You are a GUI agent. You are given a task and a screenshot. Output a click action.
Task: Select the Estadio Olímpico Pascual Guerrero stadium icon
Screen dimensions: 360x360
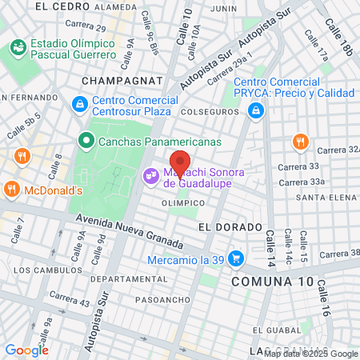(x=18, y=49)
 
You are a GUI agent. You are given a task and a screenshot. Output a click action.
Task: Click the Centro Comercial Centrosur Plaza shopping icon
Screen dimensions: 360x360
(x=80, y=105)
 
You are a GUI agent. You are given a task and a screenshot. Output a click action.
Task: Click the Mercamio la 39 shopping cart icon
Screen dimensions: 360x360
(x=235, y=258)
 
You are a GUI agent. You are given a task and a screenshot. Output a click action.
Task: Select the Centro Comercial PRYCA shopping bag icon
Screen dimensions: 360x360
(x=255, y=110)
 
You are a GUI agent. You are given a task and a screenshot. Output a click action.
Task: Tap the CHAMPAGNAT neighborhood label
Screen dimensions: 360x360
(x=122, y=81)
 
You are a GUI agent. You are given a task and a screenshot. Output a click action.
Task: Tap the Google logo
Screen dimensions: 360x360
(x=26, y=350)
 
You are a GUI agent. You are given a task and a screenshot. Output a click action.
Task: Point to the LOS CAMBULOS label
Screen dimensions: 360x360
(x=44, y=269)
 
